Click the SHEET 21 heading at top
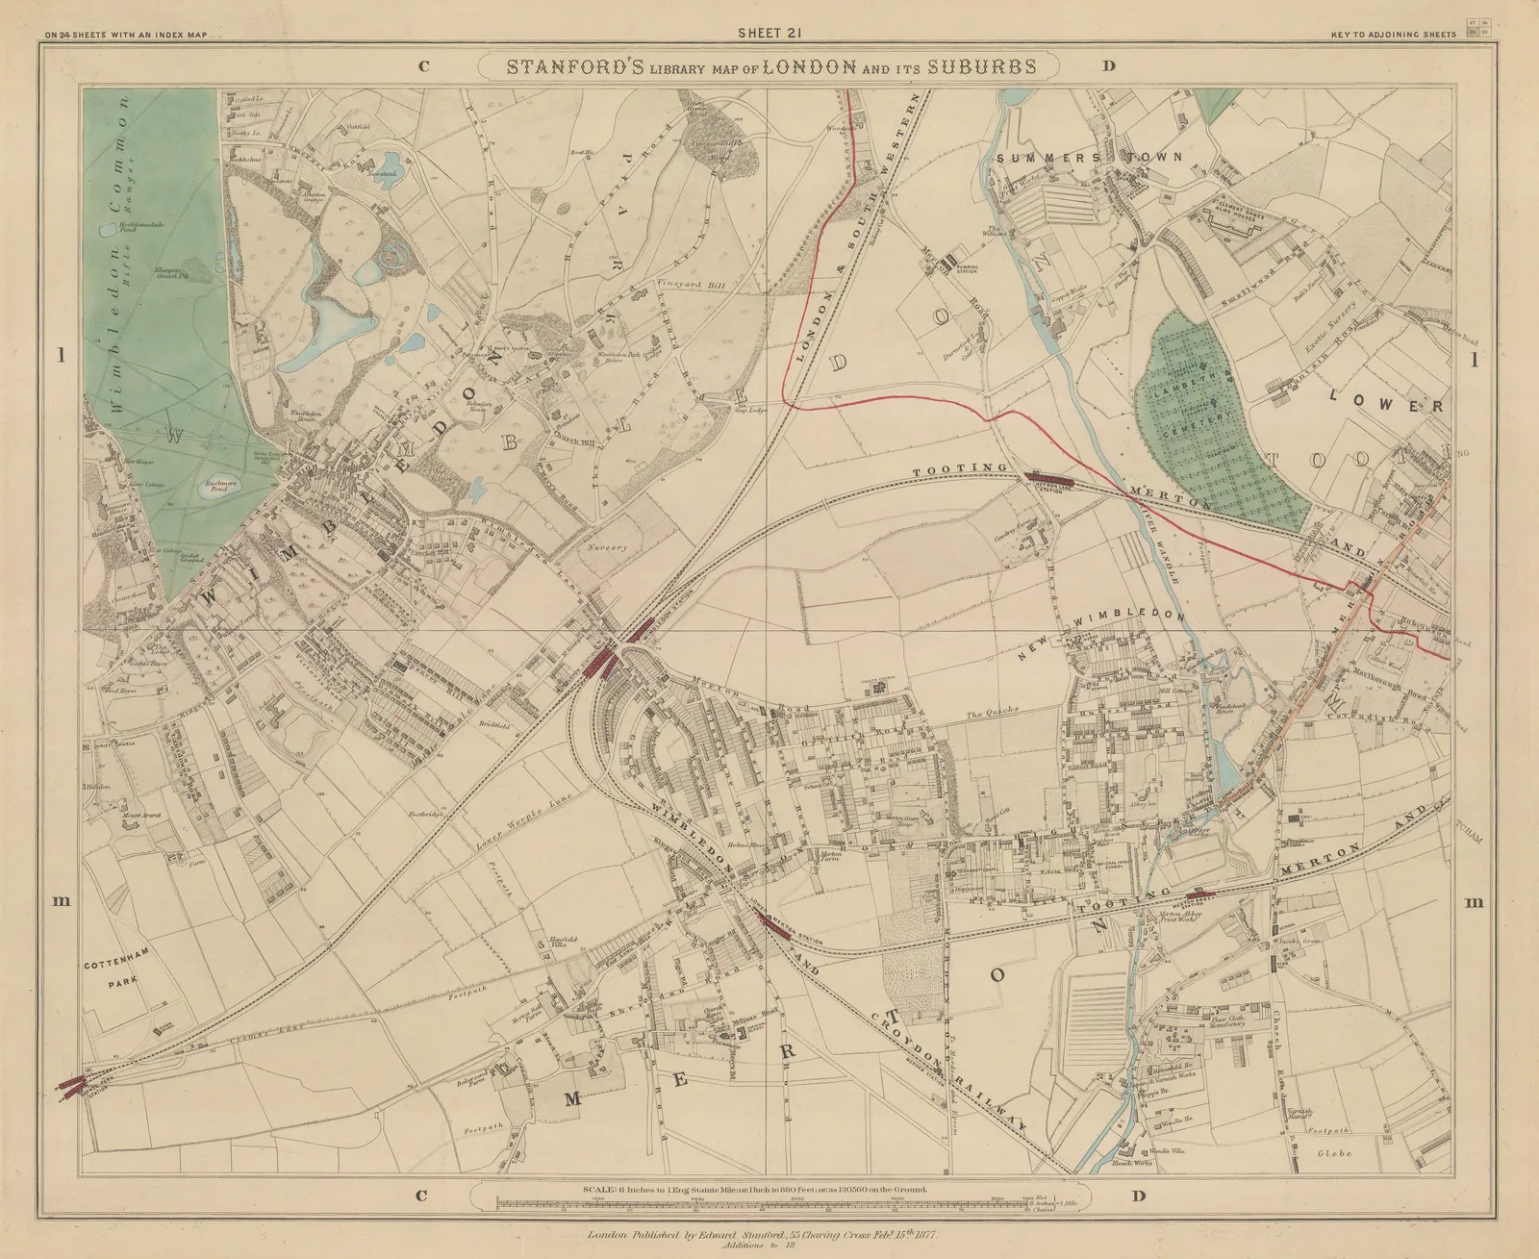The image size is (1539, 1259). pos(769,32)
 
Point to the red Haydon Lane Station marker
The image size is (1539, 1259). pos(1050,476)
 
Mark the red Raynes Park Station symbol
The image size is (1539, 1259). pos(71,1087)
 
